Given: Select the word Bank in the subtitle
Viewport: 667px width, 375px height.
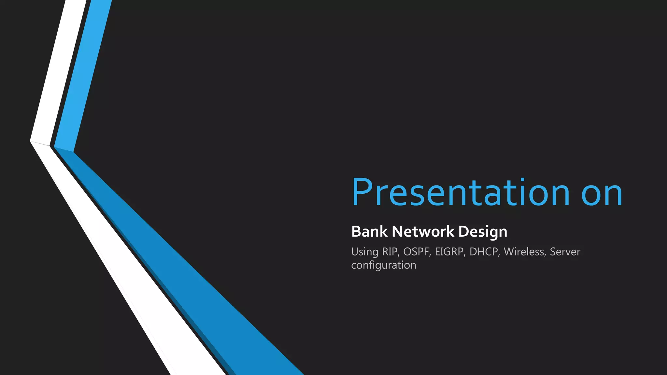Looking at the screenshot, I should pyautogui.click(x=369, y=231).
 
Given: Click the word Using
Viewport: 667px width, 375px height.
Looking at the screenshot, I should pyautogui.click(x=364, y=252).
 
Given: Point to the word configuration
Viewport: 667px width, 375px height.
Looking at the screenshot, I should pyautogui.click(x=384, y=265).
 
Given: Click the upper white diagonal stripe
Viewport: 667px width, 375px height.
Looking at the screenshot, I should pyautogui.click(x=58, y=72).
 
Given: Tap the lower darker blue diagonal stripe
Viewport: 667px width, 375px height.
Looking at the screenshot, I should pyautogui.click(x=182, y=260).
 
